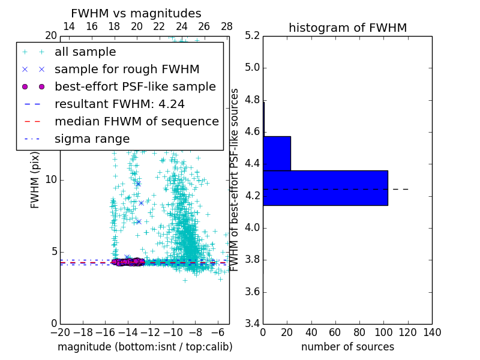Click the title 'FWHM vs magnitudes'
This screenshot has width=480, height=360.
point(136,13)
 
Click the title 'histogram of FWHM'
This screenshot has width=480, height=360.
point(347,28)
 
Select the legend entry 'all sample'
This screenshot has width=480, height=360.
point(85,52)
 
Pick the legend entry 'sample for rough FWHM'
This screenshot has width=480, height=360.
point(127,70)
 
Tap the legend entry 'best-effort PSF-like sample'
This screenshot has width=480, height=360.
point(135,86)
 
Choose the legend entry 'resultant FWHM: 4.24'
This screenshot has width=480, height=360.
point(119,104)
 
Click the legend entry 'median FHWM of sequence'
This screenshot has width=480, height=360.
point(136,121)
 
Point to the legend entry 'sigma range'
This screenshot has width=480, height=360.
point(92,139)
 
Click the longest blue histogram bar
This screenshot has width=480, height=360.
point(325,188)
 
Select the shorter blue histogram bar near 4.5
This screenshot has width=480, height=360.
point(277,153)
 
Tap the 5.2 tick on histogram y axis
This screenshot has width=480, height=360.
point(252,35)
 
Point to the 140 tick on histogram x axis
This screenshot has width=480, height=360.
point(432,332)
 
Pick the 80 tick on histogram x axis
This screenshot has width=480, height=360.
point(359,332)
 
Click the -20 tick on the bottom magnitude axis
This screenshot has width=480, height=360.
point(60,332)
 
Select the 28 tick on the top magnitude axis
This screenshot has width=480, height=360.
point(227,26)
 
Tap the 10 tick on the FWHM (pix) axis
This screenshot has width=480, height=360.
point(51,179)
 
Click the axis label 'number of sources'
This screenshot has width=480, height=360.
point(347,347)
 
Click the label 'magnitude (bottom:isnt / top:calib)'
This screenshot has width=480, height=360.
point(145,347)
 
